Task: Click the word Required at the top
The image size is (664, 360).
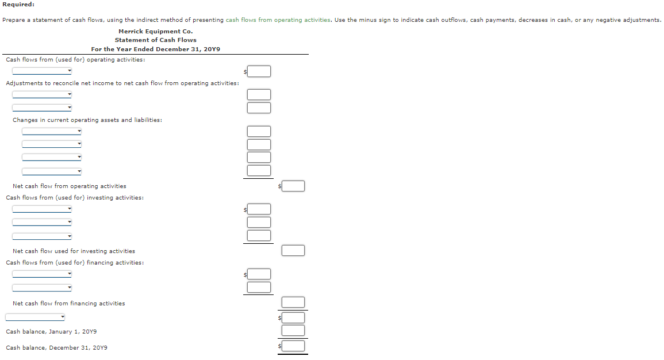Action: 18,5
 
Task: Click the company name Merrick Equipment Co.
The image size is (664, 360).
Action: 155,31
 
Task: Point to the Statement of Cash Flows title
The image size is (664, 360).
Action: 155,40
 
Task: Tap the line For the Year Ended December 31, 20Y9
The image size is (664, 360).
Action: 155,49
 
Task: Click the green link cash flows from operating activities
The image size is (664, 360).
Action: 278,20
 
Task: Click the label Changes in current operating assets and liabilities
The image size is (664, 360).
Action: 87,120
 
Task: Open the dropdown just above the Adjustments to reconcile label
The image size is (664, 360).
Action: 42,71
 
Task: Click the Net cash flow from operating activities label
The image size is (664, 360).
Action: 69,186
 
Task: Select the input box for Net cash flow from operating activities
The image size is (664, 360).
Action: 293,186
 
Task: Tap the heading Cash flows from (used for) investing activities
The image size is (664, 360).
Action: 75,198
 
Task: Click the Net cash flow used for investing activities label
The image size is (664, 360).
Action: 74,251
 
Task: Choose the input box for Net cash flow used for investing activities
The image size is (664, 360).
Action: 293,251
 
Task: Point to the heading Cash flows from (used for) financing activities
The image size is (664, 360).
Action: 75,263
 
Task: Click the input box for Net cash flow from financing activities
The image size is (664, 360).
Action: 293,302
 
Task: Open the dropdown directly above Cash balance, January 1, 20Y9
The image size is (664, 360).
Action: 36,317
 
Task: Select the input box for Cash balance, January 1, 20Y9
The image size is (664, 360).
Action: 293,330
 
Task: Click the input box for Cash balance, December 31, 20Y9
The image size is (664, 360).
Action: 293,346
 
